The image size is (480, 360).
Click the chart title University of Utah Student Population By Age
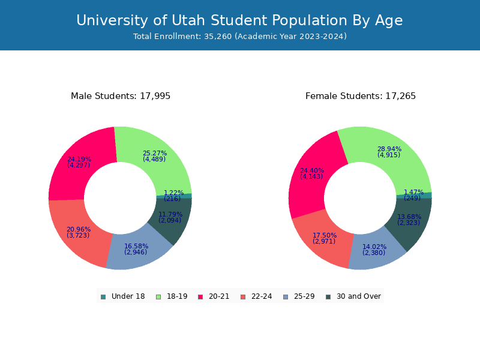point(239,21)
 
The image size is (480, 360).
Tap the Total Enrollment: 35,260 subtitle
point(239,37)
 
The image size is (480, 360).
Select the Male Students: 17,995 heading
point(121,96)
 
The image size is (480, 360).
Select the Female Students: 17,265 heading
point(360,96)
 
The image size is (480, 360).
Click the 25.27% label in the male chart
point(155,154)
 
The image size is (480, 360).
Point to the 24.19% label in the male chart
point(79,160)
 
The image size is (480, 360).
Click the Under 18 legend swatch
point(103,296)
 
